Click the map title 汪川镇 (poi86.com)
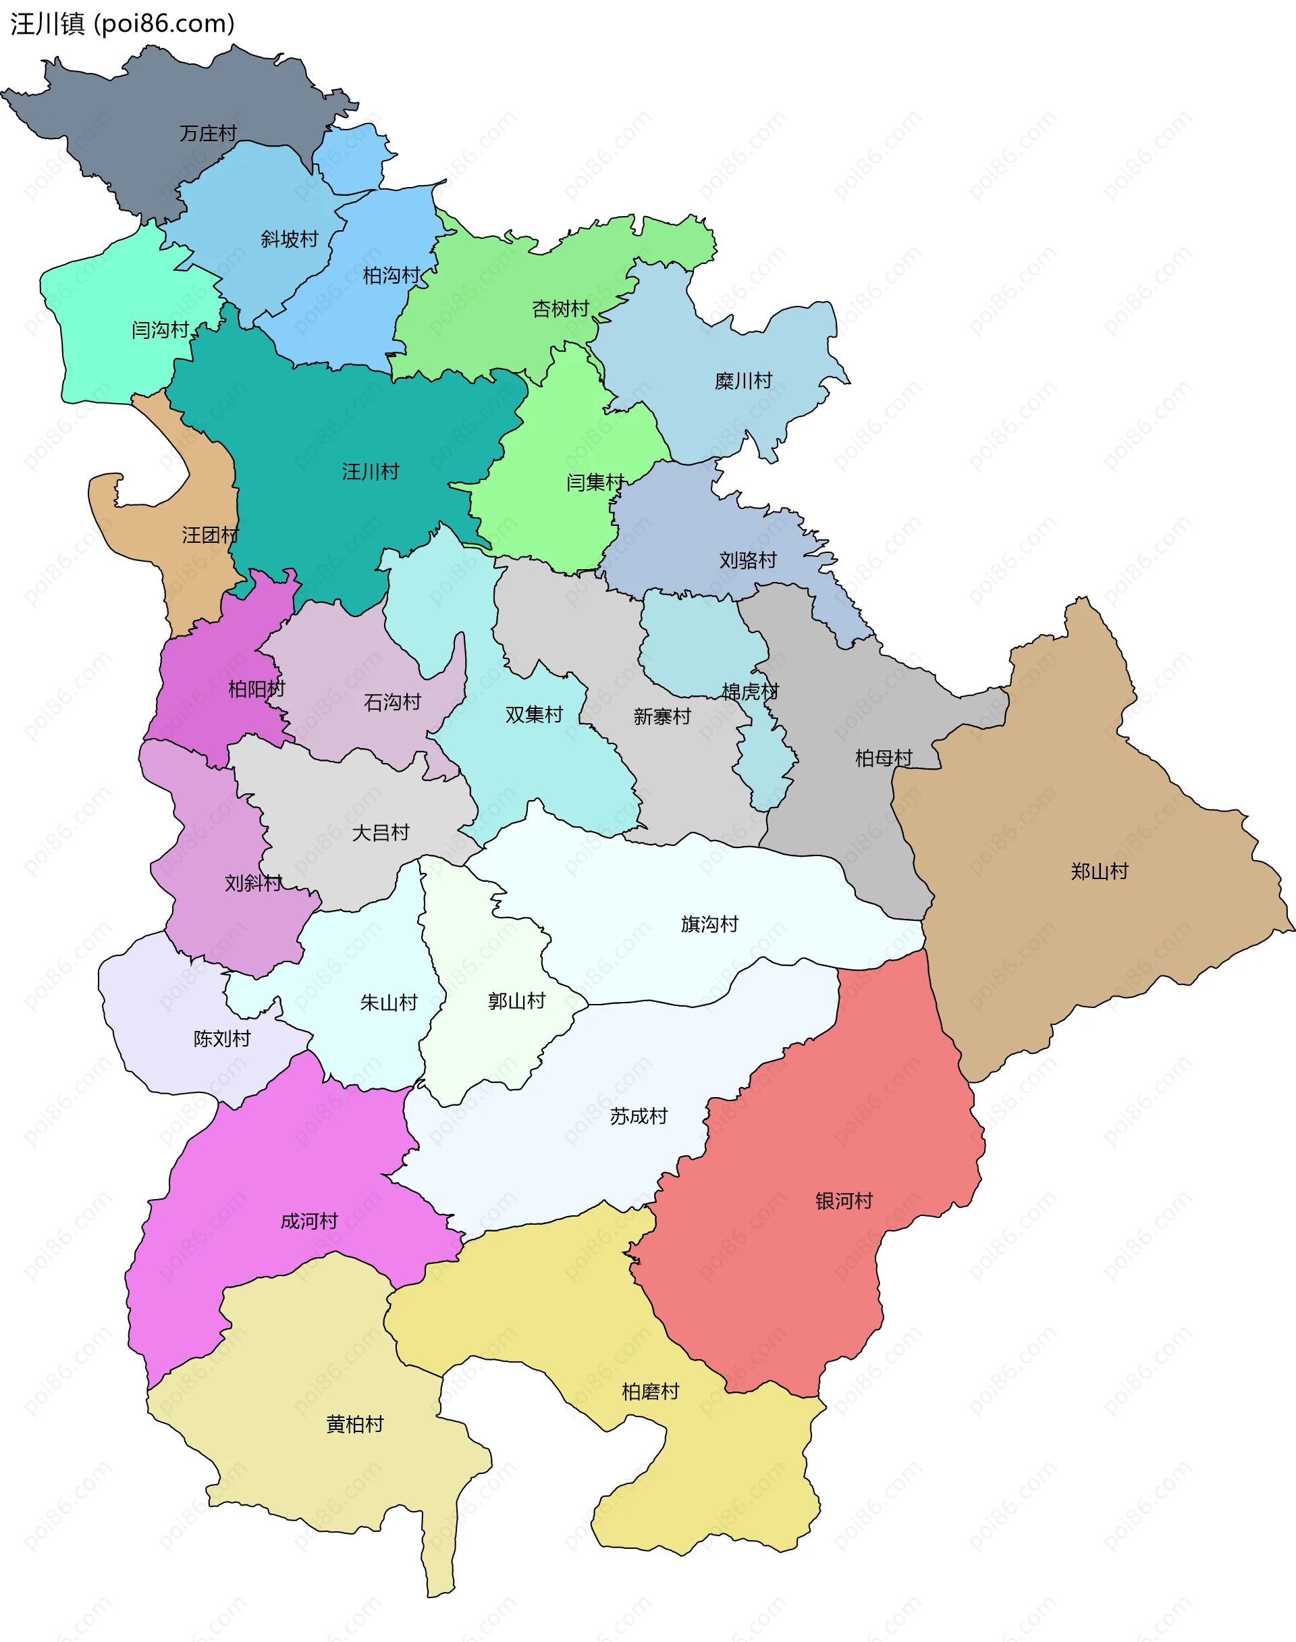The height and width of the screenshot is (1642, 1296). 122,24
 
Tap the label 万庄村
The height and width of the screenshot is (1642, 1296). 208,134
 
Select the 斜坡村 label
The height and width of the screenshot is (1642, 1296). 289,239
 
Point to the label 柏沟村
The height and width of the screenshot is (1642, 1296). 391,275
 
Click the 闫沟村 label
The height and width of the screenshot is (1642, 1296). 159,330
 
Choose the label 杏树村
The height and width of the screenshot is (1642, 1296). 560,309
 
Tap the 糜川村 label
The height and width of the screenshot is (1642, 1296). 743,381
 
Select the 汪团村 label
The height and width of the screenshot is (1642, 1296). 210,535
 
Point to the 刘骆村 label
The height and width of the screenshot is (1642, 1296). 747,560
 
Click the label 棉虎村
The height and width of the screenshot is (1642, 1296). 750,691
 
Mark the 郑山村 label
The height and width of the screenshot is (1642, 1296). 1099,871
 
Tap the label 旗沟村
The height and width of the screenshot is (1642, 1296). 709,924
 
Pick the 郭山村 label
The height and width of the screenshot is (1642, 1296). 516,1001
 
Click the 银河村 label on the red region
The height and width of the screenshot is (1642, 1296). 844,1201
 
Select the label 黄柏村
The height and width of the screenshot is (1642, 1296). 354,1424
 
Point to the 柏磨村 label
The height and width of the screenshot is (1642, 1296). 649,1392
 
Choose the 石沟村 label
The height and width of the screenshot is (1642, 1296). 391,702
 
